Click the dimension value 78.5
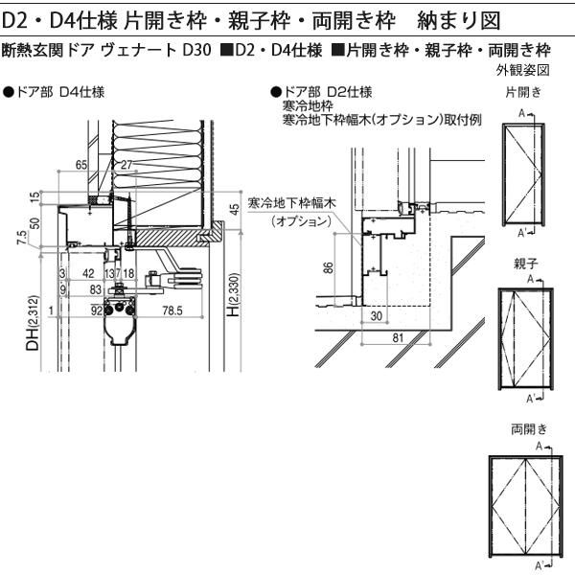click(173, 310)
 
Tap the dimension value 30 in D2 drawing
click(376, 315)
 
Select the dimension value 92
click(96, 310)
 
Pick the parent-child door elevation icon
click(523, 339)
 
